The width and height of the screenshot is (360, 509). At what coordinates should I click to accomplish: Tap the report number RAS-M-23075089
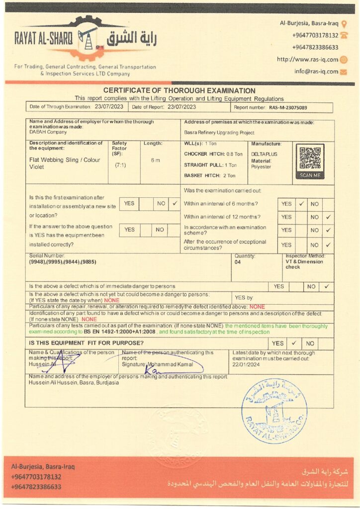point(288,107)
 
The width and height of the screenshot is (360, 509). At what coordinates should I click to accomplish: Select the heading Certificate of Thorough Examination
point(180,91)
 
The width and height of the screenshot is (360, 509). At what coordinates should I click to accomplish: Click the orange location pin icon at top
point(344,23)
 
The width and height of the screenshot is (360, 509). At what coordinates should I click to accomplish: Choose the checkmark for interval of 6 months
point(301,204)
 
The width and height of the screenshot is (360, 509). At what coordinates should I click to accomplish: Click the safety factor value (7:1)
point(120,165)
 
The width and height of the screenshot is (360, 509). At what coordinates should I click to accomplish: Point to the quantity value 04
point(237,262)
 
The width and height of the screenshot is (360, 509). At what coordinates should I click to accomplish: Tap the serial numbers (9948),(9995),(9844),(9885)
point(63,261)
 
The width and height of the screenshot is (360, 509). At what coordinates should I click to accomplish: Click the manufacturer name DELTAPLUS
point(264,154)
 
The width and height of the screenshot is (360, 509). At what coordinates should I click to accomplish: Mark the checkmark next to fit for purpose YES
point(294,343)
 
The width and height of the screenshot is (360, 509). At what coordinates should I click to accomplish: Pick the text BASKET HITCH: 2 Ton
point(209,175)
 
